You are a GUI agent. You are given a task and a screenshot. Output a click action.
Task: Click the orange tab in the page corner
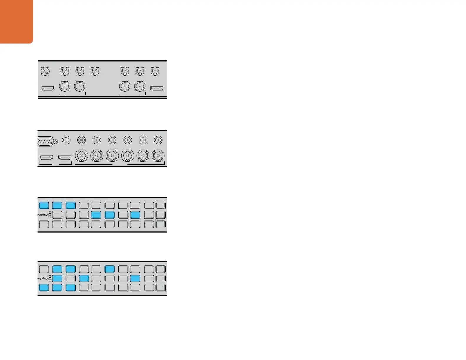(16, 21)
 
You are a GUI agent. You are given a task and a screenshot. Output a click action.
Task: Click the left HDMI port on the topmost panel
(47, 88)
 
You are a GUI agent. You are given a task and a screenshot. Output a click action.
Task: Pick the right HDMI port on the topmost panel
(157, 88)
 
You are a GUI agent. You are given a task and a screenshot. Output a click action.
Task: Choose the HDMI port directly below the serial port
(46, 158)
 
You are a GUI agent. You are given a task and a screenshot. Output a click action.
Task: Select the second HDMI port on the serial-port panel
(65, 158)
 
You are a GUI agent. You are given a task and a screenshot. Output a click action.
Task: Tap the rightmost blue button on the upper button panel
(135, 215)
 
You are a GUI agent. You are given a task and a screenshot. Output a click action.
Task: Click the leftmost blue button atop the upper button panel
(44, 205)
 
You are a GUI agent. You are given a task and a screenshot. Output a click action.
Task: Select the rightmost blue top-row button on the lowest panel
(109, 269)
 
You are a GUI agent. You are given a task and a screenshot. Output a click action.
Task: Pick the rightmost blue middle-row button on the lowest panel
(135, 278)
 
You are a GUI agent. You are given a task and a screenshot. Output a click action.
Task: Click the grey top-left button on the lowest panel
(44, 269)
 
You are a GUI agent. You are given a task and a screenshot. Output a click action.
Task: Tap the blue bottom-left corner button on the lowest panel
(44, 288)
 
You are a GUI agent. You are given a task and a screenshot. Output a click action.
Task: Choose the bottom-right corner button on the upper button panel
(160, 224)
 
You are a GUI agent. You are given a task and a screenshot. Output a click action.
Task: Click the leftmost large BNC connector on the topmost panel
(65, 86)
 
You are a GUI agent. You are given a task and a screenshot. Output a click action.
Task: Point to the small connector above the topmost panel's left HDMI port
(45, 71)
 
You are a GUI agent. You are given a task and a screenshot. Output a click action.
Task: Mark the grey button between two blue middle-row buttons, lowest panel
(71, 278)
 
